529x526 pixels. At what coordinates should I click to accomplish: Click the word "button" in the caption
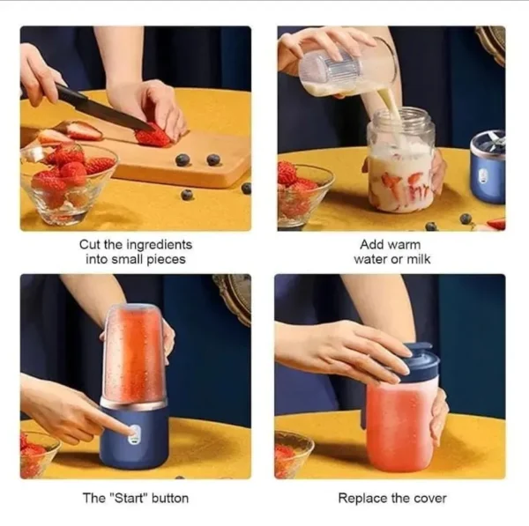click(x=170, y=498)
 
